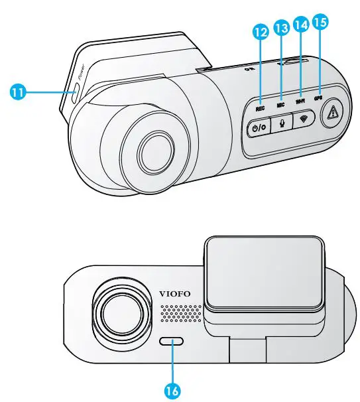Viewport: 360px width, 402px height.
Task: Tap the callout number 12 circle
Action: [x=261, y=31]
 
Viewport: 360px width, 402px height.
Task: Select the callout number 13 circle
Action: [x=280, y=27]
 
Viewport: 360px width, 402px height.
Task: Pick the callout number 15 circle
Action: [x=320, y=22]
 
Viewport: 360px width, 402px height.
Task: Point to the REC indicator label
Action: [x=260, y=106]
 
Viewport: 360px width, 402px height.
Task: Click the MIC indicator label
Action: [x=280, y=103]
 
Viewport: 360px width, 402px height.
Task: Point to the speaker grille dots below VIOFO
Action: [x=181, y=312]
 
